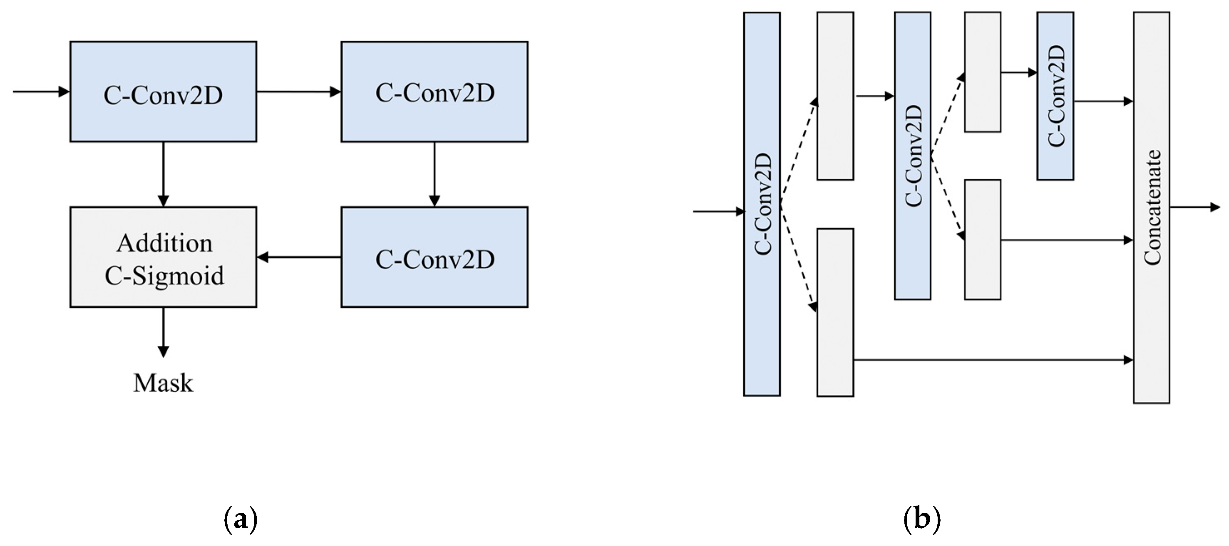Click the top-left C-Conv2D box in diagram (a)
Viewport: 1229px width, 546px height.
(163, 91)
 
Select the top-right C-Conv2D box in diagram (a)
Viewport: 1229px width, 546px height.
(434, 91)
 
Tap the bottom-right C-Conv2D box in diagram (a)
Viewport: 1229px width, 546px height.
(434, 257)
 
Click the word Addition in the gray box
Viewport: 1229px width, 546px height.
(164, 243)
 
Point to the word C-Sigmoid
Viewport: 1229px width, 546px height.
(164, 276)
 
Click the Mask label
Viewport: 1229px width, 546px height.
(163, 383)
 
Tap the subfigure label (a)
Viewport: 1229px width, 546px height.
(241, 520)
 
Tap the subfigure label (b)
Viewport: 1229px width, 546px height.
(922, 520)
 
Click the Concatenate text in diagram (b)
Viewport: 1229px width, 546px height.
(1152, 208)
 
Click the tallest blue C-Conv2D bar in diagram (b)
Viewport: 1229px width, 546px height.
(762, 204)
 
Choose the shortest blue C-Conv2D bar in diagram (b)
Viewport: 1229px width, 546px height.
(1055, 95)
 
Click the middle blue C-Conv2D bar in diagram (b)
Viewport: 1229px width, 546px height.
(913, 156)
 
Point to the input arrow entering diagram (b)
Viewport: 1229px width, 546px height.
(718, 211)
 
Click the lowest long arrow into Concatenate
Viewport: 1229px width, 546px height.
(992, 360)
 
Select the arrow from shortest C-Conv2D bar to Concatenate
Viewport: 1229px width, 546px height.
(1103, 101)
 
